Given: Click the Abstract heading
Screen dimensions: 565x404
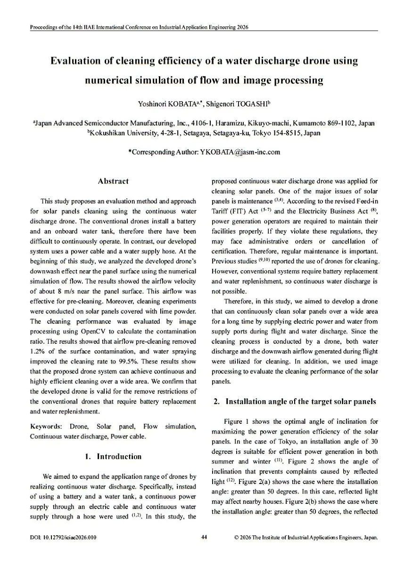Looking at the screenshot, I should point(113,181).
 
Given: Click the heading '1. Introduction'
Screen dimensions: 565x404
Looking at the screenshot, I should point(113,456).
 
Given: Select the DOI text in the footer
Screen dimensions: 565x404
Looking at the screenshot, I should point(63,537).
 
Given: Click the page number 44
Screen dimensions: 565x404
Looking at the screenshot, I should point(204,537).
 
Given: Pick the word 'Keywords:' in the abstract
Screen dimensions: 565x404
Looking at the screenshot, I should point(46,427).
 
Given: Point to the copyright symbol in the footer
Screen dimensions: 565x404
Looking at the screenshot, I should point(236,537).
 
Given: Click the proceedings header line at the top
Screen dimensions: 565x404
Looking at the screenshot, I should point(139,27).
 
